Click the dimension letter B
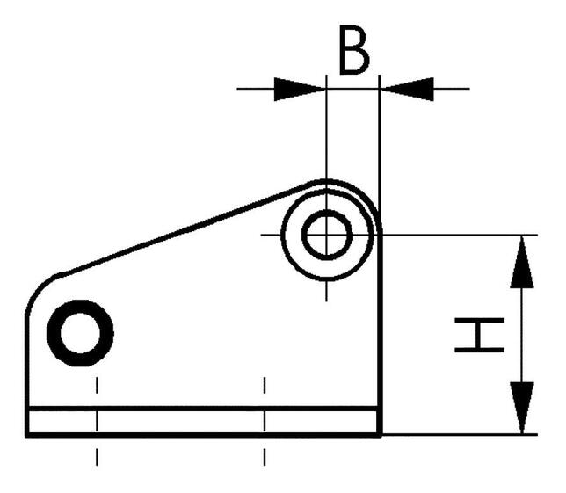point(354,50)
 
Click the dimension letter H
point(479,335)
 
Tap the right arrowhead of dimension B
point(406,89)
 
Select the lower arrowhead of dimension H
point(521,408)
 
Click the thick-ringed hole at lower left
point(80,333)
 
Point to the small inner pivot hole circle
point(327,235)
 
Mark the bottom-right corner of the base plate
point(381,436)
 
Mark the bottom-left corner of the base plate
point(26,436)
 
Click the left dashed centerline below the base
point(97,457)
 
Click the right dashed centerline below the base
point(265,457)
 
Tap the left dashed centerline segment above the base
point(97,385)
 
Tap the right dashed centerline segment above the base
point(265,385)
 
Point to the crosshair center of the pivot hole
point(327,235)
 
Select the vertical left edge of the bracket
point(27,375)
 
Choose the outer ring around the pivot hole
point(327,235)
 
